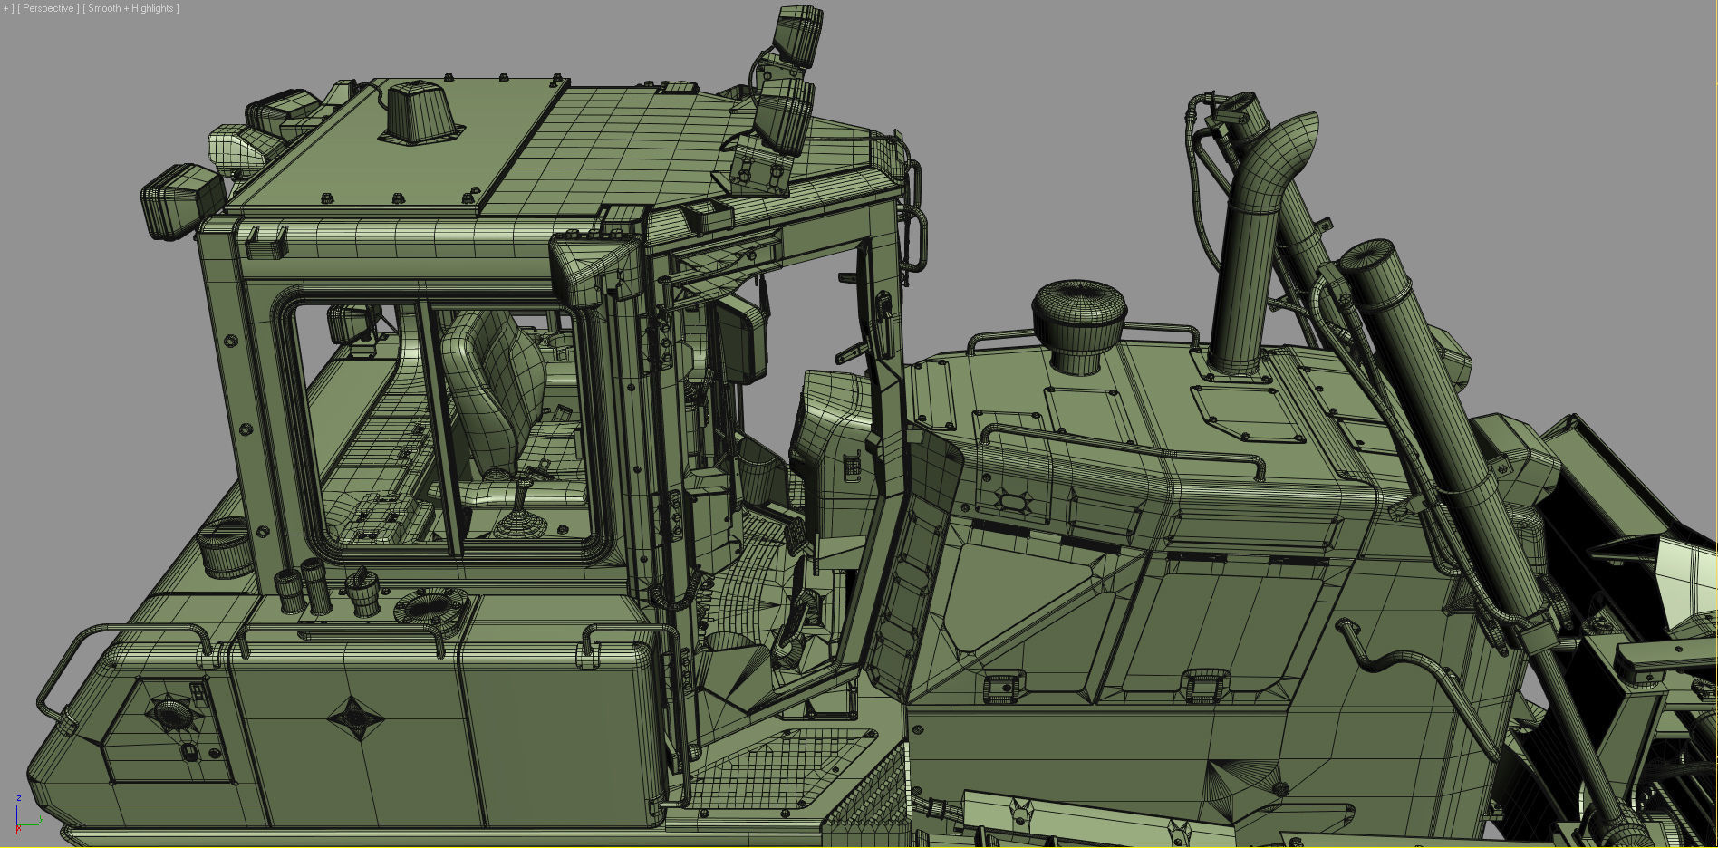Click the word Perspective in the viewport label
[47, 8]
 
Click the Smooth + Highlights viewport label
[130, 8]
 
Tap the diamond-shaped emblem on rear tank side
[354, 718]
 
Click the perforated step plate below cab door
[779, 770]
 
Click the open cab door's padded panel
[915, 562]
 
